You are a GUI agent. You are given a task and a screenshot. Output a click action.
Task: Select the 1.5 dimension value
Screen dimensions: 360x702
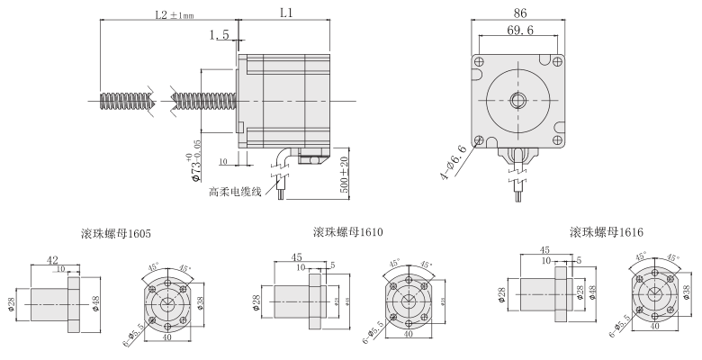[219, 35]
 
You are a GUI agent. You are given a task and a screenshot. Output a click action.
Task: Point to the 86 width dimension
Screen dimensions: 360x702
[519, 13]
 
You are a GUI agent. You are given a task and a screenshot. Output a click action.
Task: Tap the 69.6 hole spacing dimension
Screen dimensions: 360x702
[519, 30]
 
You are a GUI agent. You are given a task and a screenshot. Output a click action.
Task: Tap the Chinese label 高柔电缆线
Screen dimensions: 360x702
[236, 192]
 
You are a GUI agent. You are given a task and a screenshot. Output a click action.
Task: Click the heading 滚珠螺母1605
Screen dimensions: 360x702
[113, 234]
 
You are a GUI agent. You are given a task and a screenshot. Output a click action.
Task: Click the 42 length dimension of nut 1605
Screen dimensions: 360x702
[53, 260]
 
